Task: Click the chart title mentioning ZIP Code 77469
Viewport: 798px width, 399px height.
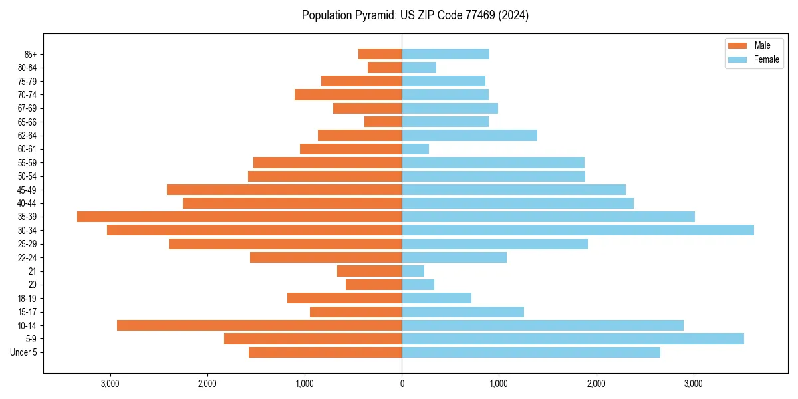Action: coord(415,15)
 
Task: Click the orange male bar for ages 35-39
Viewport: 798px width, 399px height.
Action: coord(239,217)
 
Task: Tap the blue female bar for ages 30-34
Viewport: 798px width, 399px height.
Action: coord(577,230)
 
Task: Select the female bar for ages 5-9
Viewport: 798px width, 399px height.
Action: coord(573,338)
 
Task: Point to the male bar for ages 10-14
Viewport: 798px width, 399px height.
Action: coord(259,325)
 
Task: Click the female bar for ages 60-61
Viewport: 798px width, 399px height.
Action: coord(415,149)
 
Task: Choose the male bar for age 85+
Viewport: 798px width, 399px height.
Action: coord(380,54)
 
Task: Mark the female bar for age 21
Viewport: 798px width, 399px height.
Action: coord(413,271)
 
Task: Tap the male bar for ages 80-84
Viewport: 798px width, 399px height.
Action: coord(384,67)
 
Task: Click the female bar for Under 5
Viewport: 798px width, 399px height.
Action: coord(531,352)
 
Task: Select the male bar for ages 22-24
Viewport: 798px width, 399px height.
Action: coord(326,257)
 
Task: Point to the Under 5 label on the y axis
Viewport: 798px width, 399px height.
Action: coord(23,352)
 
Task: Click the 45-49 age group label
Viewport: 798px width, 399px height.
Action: coord(27,190)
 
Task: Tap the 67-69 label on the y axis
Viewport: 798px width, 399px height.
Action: coord(27,108)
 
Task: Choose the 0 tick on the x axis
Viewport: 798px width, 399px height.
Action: coord(402,384)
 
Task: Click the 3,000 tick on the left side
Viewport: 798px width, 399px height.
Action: coord(110,384)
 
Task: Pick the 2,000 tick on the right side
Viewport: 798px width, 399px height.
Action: coord(596,384)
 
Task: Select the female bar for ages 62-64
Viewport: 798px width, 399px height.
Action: coord(469,136)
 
